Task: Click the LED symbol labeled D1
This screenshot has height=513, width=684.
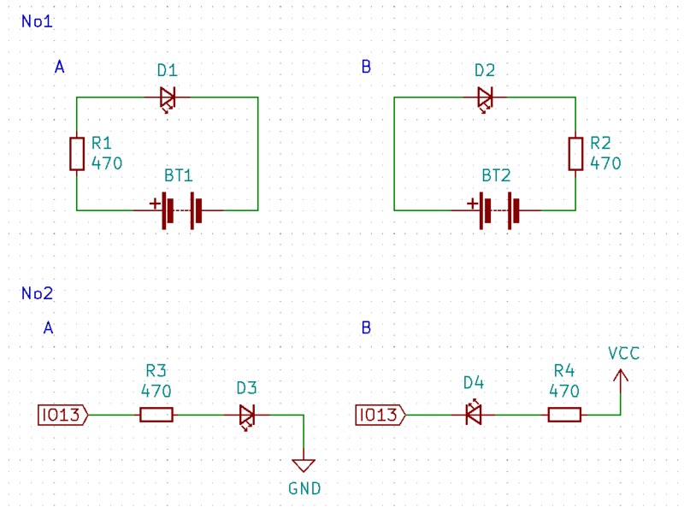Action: [168, 98]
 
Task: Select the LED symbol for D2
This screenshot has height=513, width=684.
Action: [485, 98]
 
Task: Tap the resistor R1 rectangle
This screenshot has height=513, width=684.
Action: [77, 154]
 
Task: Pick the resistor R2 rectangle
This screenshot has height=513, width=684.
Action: [575, 154]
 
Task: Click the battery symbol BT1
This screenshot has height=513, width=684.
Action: [179, 210]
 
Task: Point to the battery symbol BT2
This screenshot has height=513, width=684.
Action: [497, 210]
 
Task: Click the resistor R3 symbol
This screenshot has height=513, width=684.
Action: [156, 415]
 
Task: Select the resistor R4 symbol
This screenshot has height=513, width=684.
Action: [564, 415]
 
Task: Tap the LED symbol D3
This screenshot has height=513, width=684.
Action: [247, 416]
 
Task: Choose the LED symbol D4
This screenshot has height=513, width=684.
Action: [474, 413]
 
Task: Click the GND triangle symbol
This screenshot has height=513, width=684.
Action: [304, 465]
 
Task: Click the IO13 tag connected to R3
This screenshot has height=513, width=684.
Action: [63, 415]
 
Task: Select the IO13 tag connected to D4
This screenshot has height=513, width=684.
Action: [380, 415]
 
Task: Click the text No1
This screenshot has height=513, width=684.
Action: [37, 21]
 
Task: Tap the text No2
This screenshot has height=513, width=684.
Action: [37, 293]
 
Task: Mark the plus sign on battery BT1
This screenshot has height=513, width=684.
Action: [155, 203]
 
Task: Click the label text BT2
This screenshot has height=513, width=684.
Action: [496, 175]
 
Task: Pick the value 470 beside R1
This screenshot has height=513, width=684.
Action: [107, 163]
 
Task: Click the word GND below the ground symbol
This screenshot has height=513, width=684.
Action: [304, 488]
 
